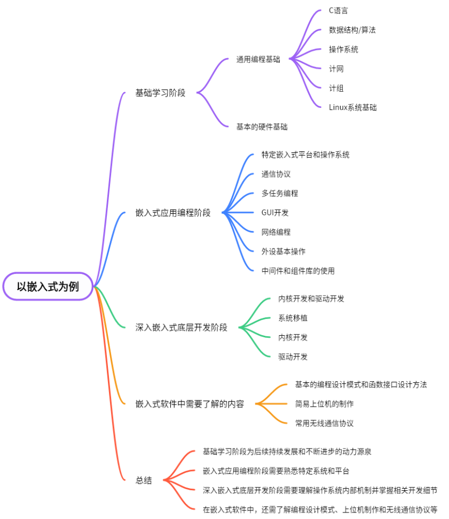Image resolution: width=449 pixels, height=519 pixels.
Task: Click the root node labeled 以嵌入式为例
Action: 48,286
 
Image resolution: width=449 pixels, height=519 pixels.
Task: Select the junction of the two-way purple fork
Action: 198,93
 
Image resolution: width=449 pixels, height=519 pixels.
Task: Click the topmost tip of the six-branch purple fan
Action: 320,10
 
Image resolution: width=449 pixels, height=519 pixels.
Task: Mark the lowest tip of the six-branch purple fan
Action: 320,107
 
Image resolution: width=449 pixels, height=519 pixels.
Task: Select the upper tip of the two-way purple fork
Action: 228,59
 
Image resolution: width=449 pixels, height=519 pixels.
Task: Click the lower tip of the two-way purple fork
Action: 228,126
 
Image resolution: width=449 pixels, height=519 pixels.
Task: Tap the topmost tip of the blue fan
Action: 253,154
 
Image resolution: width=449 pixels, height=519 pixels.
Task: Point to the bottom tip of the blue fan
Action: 253,270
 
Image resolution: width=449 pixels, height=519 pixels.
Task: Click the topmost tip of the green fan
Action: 270,298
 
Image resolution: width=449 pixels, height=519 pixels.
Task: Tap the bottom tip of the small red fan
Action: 194,509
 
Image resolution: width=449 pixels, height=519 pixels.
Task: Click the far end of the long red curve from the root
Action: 124,479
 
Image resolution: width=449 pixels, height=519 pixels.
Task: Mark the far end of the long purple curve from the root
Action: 124,93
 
